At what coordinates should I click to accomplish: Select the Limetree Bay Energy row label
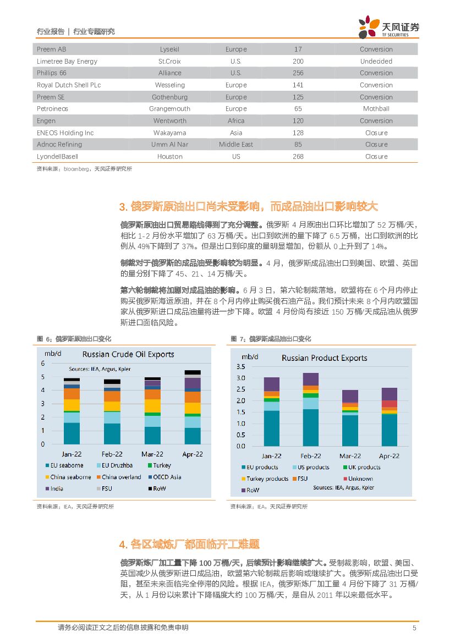point(67,61)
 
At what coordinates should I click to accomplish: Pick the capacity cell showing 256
point(298,73)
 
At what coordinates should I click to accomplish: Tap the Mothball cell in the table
point(376,109)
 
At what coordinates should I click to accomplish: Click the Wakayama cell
point(169,133)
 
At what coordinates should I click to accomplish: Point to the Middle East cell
point(236,145)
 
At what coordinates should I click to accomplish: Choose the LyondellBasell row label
point(57,157)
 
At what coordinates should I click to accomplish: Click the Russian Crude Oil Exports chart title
point(128,354)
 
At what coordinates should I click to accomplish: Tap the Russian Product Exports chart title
point(324,358)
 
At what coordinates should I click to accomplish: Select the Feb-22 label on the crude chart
point(112,454)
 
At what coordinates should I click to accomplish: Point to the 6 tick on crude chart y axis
point(43,363)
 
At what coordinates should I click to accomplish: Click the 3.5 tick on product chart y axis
point(240,366)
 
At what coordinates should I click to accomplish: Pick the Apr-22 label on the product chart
point(389,456)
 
